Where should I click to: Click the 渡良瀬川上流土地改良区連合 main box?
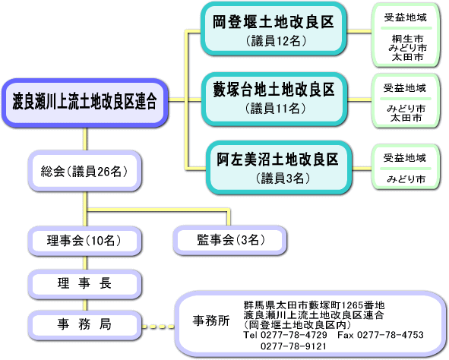[x=85, y=103]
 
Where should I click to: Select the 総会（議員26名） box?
[x=85, y=171]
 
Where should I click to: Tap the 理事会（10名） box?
[x=85, y=241]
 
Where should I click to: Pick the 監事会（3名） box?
[x=230, y=240]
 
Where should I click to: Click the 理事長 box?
[x=85, y=284]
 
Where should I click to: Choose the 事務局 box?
[x=85, y=325]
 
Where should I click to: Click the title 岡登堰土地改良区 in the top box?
[x=274, y=22]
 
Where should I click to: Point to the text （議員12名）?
[x=276, y=41]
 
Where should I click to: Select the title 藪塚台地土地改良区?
[x=274, y=90]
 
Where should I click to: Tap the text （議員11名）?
[x=276, y=109]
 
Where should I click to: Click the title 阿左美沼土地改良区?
[x=277, y=159]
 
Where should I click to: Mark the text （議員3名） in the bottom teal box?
[x=283, y=178]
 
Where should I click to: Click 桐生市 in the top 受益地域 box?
[x=408, y=38]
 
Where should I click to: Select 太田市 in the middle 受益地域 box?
[x=406, y=118]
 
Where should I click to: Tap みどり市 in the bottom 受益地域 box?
[x=406, y=179]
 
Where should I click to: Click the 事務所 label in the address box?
[x=211, y=321]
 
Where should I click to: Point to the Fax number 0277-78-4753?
[x=391, y=335]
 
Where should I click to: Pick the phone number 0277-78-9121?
[x=293, y=346]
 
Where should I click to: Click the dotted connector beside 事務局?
[x=158, y=327]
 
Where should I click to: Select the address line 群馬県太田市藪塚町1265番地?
[x=314, y=305]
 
